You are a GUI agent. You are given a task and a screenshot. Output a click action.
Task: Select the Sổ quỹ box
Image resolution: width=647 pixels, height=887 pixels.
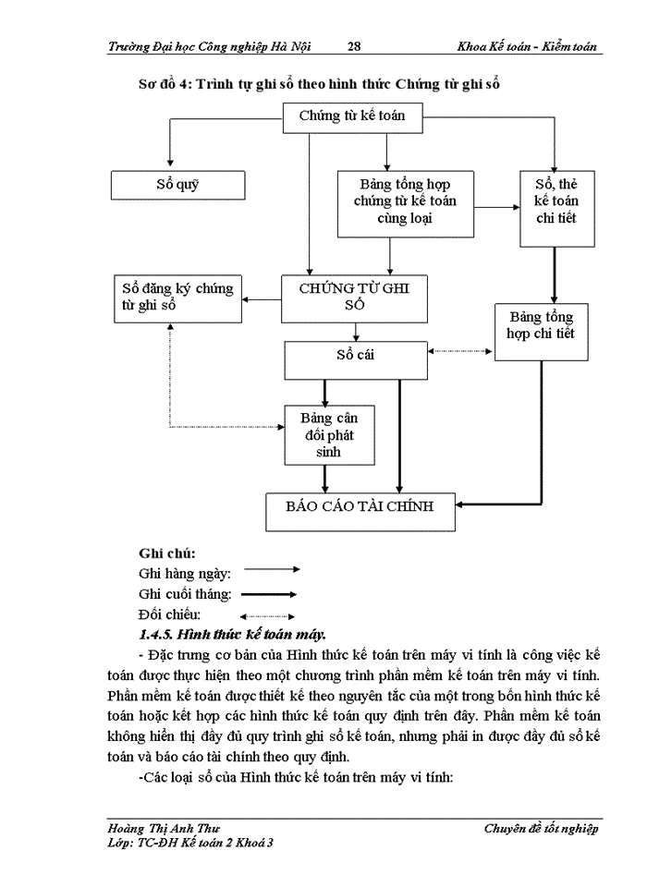(177, 185)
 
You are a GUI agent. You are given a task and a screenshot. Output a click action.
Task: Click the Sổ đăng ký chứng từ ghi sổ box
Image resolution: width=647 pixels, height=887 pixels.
(177, 298)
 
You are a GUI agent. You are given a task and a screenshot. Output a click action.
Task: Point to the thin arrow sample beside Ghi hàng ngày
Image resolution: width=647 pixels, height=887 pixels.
(271, 571)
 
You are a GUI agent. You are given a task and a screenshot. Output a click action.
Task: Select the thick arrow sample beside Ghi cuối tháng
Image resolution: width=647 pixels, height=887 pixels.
(270, 594)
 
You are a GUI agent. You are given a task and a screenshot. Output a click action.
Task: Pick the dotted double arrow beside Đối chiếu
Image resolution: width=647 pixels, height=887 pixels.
(268, 615)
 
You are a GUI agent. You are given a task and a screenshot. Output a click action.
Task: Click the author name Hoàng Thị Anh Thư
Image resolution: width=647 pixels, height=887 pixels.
(164, 829)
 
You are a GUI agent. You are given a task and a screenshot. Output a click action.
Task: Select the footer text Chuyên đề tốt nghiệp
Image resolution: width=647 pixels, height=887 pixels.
(541, 829)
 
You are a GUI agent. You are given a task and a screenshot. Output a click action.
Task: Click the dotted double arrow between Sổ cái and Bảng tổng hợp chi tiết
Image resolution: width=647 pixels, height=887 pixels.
(461, 351)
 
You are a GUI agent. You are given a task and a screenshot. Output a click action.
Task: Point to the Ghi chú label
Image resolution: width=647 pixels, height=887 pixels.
(166, 553)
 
